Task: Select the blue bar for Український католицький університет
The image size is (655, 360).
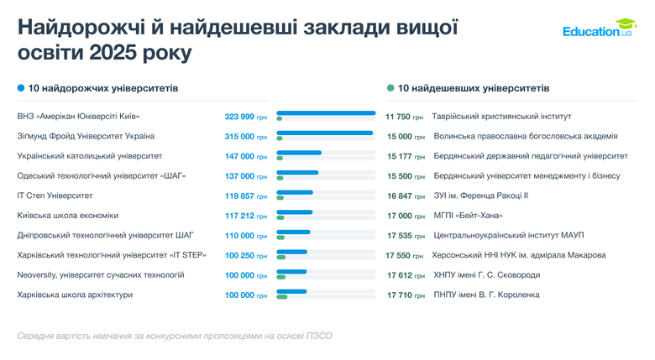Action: [x=299, y=153]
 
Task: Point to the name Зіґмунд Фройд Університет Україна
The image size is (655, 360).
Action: [x=85, y=136]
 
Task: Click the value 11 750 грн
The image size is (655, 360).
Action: [x=405, y=117]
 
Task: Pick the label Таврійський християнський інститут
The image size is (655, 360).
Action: [x=501, y=117]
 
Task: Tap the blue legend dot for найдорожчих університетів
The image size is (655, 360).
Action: [x=21, y=88]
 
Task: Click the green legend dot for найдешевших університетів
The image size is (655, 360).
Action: [x=390, y=87]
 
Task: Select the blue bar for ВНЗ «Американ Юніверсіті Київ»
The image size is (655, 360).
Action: [x=326, y=113]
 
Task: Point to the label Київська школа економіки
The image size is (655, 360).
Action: [x=68, y=216]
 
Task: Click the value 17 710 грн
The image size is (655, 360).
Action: [x=405, y=295]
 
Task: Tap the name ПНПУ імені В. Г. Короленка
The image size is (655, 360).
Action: [x=486, y=295]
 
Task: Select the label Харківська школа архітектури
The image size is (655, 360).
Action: [x=75, y=295]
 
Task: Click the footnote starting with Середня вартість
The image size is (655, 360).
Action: [x=175, y=336]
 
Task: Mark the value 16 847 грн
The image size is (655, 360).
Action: [x=405, y=196]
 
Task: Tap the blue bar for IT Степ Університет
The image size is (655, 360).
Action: [x=294, y=192]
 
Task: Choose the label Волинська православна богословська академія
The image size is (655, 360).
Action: [x=525, y=136]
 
